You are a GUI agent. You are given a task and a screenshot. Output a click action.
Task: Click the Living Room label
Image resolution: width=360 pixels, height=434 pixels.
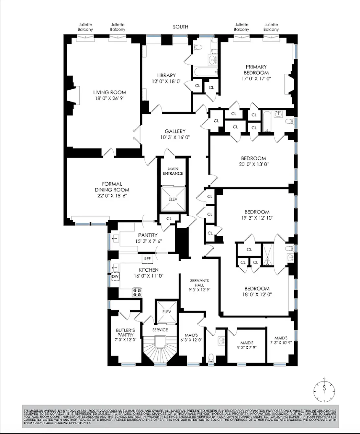[109, 92]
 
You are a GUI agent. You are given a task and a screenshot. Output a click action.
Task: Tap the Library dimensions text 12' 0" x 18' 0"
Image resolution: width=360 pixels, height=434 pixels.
[166, 81]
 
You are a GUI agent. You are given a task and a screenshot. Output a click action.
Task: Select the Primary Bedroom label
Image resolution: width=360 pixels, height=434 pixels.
[256, 70]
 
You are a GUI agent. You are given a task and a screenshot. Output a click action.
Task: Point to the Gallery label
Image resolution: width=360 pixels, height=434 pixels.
[175, 131]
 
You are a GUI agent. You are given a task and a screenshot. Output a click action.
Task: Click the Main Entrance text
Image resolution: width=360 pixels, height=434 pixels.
[173, 171]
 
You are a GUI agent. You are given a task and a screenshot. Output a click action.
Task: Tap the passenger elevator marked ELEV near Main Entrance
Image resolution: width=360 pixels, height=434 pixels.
[173, 199]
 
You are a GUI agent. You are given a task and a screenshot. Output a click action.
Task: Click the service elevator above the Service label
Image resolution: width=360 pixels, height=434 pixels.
[166, 312]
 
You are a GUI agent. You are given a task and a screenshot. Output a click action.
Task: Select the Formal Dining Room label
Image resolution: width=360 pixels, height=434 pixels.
[112, 187]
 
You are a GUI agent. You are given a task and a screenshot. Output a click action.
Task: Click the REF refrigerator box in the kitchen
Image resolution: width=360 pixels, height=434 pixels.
[147, 259]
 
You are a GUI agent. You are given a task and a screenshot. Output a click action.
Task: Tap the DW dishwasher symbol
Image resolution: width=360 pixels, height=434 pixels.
[115, 277]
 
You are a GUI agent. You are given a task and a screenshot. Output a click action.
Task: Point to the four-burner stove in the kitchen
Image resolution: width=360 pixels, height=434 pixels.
[137, 292]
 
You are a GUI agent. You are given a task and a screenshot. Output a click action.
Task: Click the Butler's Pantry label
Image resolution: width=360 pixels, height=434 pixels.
[125, 332]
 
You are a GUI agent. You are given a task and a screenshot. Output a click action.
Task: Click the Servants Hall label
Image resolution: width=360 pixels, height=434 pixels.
[199, 283]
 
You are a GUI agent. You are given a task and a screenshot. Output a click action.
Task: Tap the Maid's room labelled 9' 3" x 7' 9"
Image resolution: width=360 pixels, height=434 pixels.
[247, 345]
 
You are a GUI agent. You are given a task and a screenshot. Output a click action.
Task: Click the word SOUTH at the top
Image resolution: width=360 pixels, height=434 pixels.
[180, 27]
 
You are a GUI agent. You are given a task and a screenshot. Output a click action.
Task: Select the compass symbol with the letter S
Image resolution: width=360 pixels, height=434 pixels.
[324, 388]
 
